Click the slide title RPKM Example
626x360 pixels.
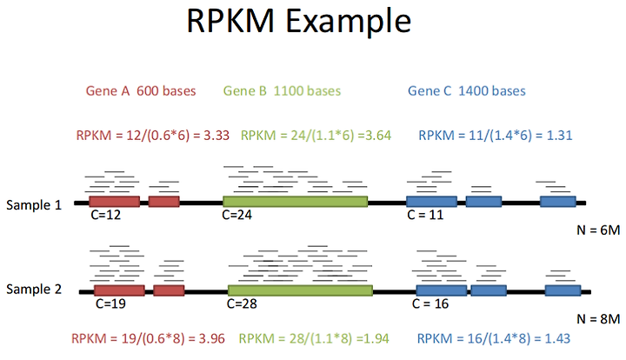(x=298, y=21)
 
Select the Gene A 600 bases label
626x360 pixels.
(x=141, y=91)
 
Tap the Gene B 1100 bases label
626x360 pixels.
(x=282, y=91)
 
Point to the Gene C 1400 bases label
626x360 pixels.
(x=467, y=91)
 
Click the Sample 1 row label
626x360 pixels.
(x=34, y=204)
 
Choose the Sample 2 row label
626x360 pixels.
(x=34, y=289)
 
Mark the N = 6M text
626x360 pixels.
(x=598, y=230)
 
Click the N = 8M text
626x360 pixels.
(x=598, y=319)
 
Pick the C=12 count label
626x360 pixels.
(x=106, y=215)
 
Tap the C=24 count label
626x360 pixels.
(x=237, y=215)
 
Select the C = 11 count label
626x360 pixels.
(x=425, y=215)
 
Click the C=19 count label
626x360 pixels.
(x=110, y=303)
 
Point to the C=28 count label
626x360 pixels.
(x=242, y=303)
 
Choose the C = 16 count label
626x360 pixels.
(x=430, y=303)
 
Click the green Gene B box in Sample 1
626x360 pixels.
(x=296, y=202)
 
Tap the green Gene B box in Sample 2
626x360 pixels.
(x=300, y=290)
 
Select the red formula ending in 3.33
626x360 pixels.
(x=153, y=136)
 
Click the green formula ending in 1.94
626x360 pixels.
(x=314, y=338)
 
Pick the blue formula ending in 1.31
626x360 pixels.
(x=496, y=136)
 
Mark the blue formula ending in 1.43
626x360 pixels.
(x=494, y=338)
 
